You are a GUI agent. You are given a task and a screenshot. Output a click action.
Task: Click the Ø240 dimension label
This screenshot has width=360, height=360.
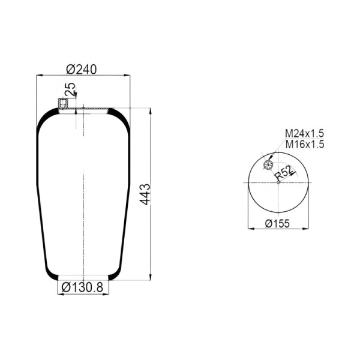coord(82,70)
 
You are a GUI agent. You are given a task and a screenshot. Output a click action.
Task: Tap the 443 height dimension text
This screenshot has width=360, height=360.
coord(145,194)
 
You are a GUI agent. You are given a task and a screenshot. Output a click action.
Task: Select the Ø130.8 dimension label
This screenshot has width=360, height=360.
coord(82,287)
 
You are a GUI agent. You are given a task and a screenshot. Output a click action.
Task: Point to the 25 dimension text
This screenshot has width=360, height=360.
coord(70,89)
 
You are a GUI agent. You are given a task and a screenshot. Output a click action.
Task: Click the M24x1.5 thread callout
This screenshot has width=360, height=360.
coord(304,133)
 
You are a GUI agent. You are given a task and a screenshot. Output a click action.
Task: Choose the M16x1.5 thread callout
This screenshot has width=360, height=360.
coord(305,145)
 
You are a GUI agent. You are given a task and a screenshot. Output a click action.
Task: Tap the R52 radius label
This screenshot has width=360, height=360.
coord(284,173)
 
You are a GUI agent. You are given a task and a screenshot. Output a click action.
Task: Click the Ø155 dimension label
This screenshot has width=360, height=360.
coord(277,223)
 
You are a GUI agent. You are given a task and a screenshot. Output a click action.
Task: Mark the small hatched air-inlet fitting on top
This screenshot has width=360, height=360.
coord(62,104)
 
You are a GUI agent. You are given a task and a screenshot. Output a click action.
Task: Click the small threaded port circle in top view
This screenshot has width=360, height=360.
coord(268,165)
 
